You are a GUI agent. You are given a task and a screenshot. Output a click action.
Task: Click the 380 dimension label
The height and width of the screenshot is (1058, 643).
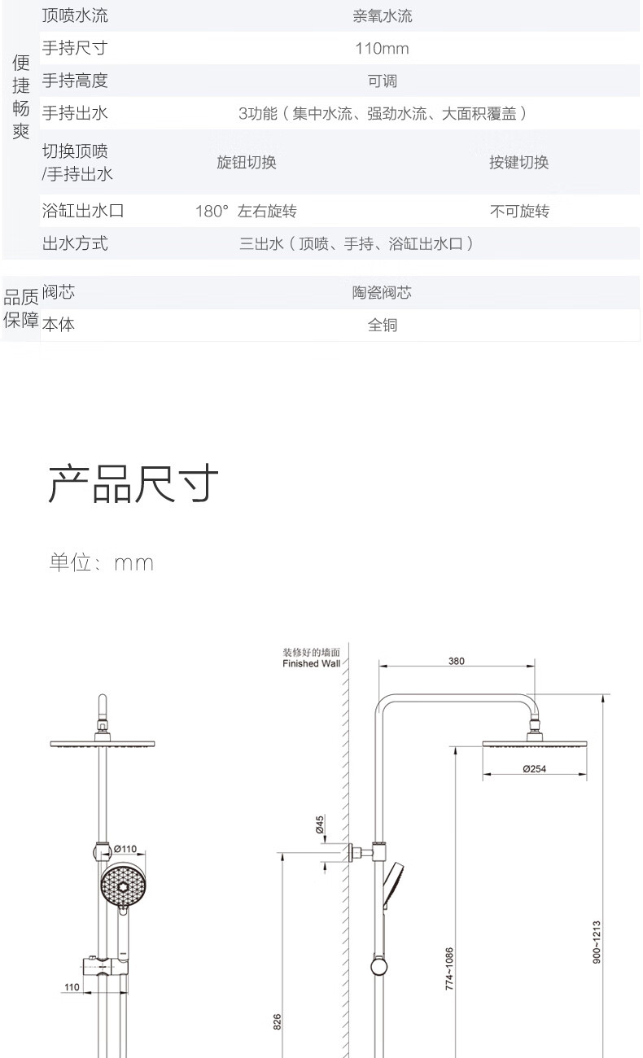[x=456, y=661]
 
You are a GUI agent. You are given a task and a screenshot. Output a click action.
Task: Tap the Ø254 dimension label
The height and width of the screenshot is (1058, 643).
[x=534, y=769]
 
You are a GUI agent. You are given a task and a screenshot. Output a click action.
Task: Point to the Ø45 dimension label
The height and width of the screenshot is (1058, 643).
[x=320, y=824]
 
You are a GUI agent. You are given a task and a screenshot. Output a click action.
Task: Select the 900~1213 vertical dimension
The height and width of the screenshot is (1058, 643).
[x=597, y=942]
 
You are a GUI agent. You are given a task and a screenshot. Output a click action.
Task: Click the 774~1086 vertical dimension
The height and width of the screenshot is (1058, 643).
[x=449, y=968]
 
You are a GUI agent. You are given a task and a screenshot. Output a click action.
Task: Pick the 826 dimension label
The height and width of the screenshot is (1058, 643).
[x=276, y=1022]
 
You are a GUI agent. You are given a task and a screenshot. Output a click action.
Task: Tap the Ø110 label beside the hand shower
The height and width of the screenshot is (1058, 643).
[x=125, y=848]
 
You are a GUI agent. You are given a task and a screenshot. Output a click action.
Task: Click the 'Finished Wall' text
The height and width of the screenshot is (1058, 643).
[x=311, y=663]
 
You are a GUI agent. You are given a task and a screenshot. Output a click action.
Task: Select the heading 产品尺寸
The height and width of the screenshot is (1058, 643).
[x=133, y=485]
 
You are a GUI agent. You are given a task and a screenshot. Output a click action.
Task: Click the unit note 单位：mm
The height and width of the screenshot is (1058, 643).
[x=101, y=562]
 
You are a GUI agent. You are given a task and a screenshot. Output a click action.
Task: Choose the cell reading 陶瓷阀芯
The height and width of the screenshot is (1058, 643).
[x=382, y=292]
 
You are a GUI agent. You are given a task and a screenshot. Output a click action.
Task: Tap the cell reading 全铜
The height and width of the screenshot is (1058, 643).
[x=382, y=325]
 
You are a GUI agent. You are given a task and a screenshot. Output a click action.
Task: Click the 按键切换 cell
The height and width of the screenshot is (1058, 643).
[x=518, y=162]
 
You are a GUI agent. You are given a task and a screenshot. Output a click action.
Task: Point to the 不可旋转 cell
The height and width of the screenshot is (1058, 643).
[x=518, y=212]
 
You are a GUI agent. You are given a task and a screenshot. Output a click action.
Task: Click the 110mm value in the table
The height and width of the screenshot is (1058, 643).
[x=382, y=49]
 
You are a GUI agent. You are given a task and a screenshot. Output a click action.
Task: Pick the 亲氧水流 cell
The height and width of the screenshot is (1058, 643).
[x=382, y=16]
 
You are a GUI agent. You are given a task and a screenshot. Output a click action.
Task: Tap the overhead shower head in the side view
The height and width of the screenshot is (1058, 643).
[x=534, y=743]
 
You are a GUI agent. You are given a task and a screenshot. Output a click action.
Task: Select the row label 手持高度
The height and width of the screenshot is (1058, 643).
[x=75, y=81]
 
